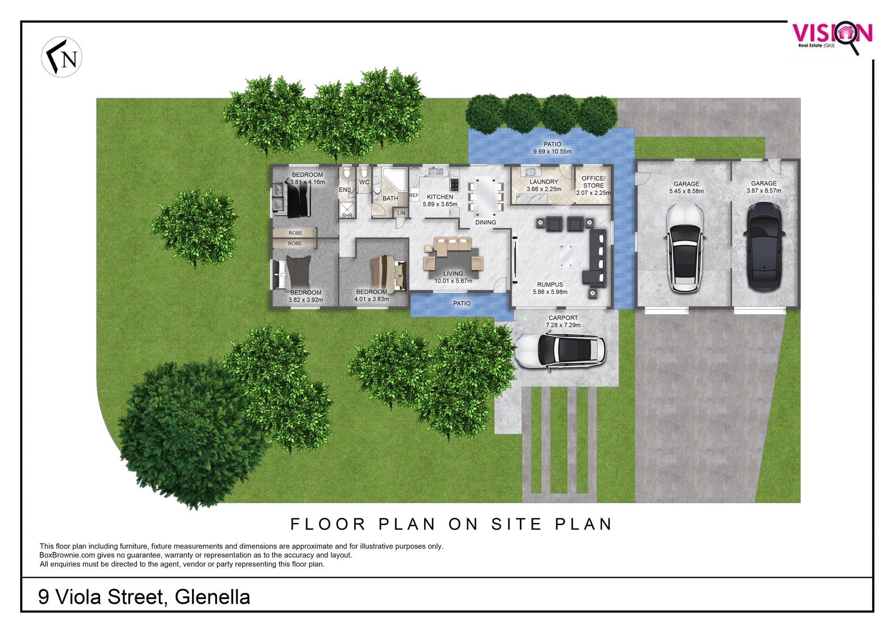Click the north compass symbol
tap(62, 57)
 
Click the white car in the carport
tap(560, 351)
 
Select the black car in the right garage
tap(764, 246)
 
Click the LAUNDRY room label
tap(544, 182)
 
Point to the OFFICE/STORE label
tap(593, 182)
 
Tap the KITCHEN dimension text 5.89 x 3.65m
tap(440, 204)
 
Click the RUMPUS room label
tap(550, 285)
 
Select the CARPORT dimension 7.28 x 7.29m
tap(563, 325)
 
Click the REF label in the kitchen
tap(414, 195)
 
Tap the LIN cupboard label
tap(401, 213)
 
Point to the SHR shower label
tap(347, 215)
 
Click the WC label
tap(364, 182)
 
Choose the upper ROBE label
tap(295, 233)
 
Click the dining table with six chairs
tap(486, 196)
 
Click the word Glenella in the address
tap(213, 597)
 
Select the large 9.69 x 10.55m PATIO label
tap(552, 148)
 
